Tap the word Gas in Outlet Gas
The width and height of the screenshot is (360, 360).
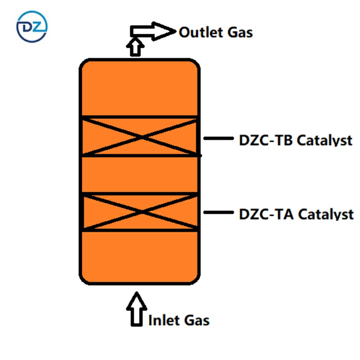pos(239,32)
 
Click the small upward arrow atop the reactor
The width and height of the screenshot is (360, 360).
pos(135,46)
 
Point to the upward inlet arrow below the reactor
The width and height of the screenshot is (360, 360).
pos(136,309)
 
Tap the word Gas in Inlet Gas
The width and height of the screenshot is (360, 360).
pos(196,320)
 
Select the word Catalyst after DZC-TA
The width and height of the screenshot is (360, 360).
pos(324,214)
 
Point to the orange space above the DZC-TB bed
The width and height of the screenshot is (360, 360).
pos(139,88)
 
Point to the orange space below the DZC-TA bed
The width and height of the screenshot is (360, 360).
pos(139,256)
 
